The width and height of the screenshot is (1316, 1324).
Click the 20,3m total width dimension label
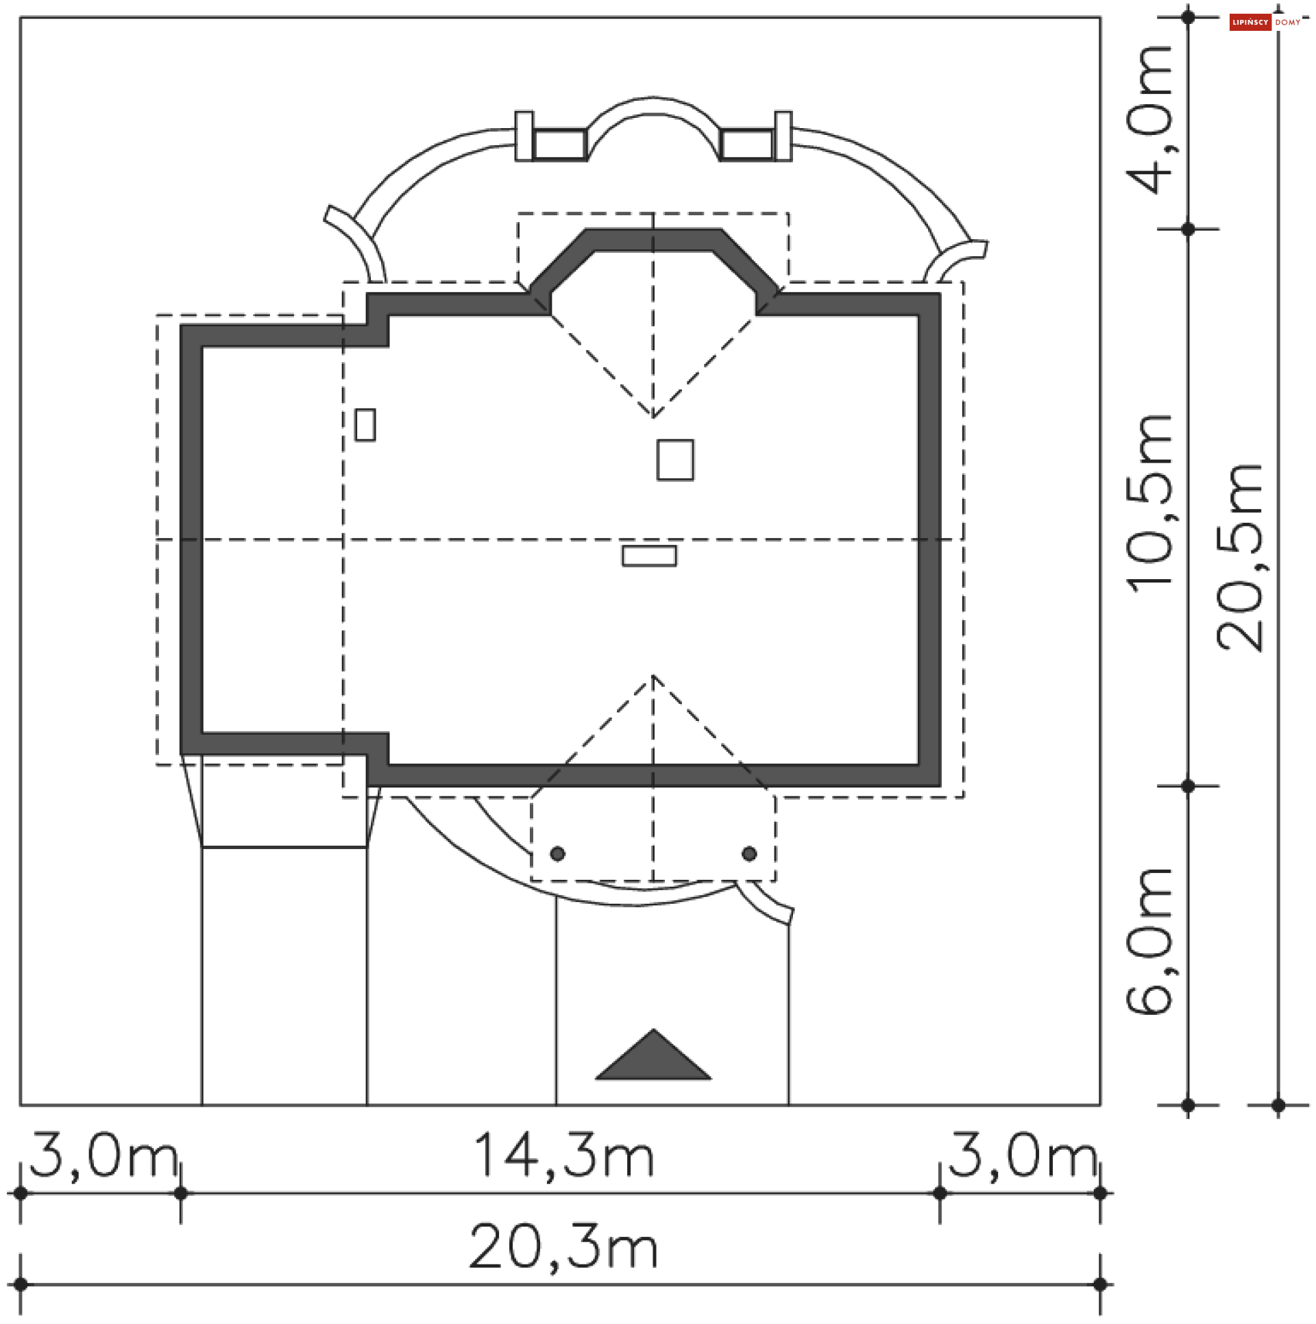pos(563,1247)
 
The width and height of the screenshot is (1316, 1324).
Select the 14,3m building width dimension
pos(563,1155)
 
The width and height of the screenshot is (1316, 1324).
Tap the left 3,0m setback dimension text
pos(103,1155)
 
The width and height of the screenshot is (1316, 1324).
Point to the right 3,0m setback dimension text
pos(1023,1155)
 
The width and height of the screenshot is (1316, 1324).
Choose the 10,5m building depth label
pos(1149,504)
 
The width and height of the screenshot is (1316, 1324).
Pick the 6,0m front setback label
pos(1149,941)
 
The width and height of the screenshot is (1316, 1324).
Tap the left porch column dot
pos(558,854)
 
